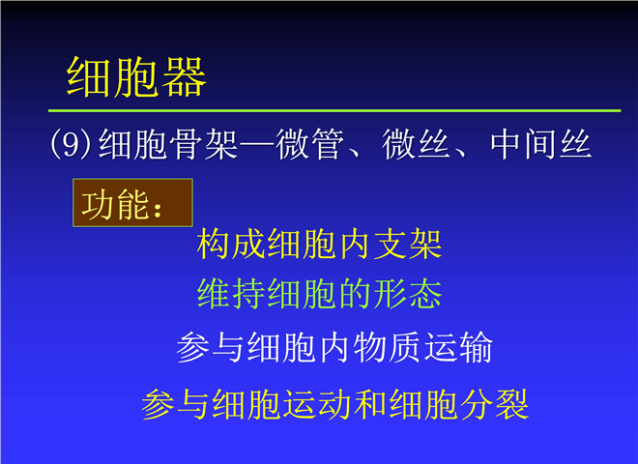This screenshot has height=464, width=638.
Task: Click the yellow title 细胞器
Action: coord(136,77)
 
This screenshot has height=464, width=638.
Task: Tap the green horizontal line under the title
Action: coord(334,110)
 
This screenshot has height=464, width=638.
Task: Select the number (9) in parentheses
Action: coord(70,144)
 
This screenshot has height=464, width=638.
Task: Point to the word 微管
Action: coord(308,144)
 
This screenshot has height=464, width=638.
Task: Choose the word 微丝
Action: coord(415,144)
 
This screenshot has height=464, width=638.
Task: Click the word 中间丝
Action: coord(540,144)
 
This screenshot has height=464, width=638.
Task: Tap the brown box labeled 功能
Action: coord(132,203)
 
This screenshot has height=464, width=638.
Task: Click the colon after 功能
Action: coord(158,208)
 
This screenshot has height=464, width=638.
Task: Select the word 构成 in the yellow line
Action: coord(232,244)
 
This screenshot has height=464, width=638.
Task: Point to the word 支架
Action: coord(408,244)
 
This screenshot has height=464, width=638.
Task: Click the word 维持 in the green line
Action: coord(232,294)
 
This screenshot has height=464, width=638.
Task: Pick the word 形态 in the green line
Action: coord(408,294)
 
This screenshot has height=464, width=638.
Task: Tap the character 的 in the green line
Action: coord(355,294)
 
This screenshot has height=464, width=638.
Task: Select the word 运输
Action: coord(458,347)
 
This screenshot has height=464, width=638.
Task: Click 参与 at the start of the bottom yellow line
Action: coord(176,404)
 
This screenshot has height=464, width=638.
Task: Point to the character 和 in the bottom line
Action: coord(370,404)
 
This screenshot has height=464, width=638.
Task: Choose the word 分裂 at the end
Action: coord(494,404)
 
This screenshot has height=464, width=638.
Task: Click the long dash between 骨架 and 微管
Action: coord(257,144)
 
